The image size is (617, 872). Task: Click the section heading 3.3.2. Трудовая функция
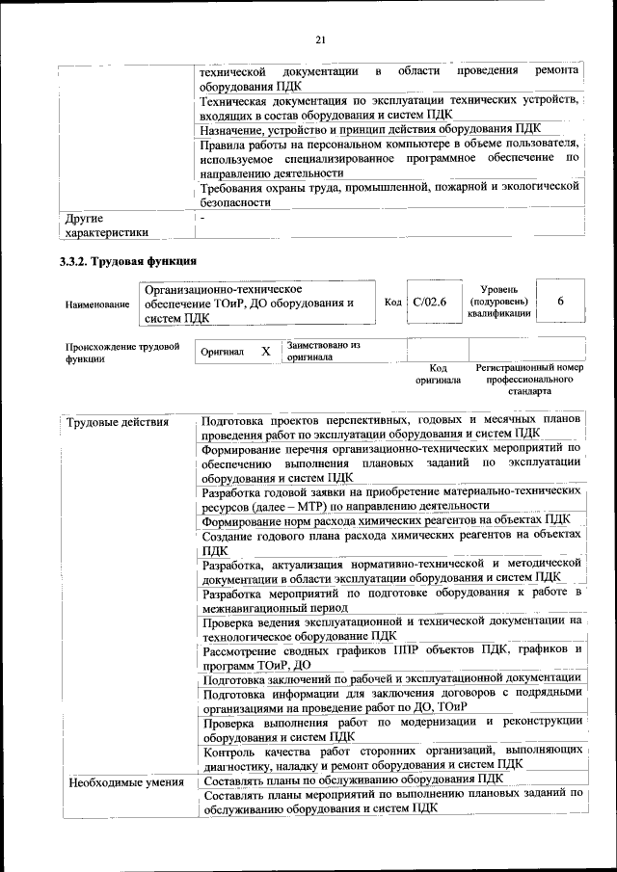tap(128, 260)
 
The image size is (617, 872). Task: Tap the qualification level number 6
tap(560, 302)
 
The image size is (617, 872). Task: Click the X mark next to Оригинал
tap(265, 352)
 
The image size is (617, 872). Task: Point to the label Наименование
tap(97, 304)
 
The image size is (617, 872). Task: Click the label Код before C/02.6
tap(392, 303)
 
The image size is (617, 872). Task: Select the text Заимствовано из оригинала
tap(322, 351)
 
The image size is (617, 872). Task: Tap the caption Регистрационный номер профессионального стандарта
tap(529, 381)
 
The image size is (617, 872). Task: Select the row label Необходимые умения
tap(125, 781)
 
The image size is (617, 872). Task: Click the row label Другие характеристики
tap(106, 225)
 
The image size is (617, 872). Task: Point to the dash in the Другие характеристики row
tap(203, 220)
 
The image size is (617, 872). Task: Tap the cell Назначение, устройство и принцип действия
tap(371, 129)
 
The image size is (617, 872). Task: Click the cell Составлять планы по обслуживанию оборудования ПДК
tap(353, 780)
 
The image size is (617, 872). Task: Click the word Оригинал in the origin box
tap(223, 353)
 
